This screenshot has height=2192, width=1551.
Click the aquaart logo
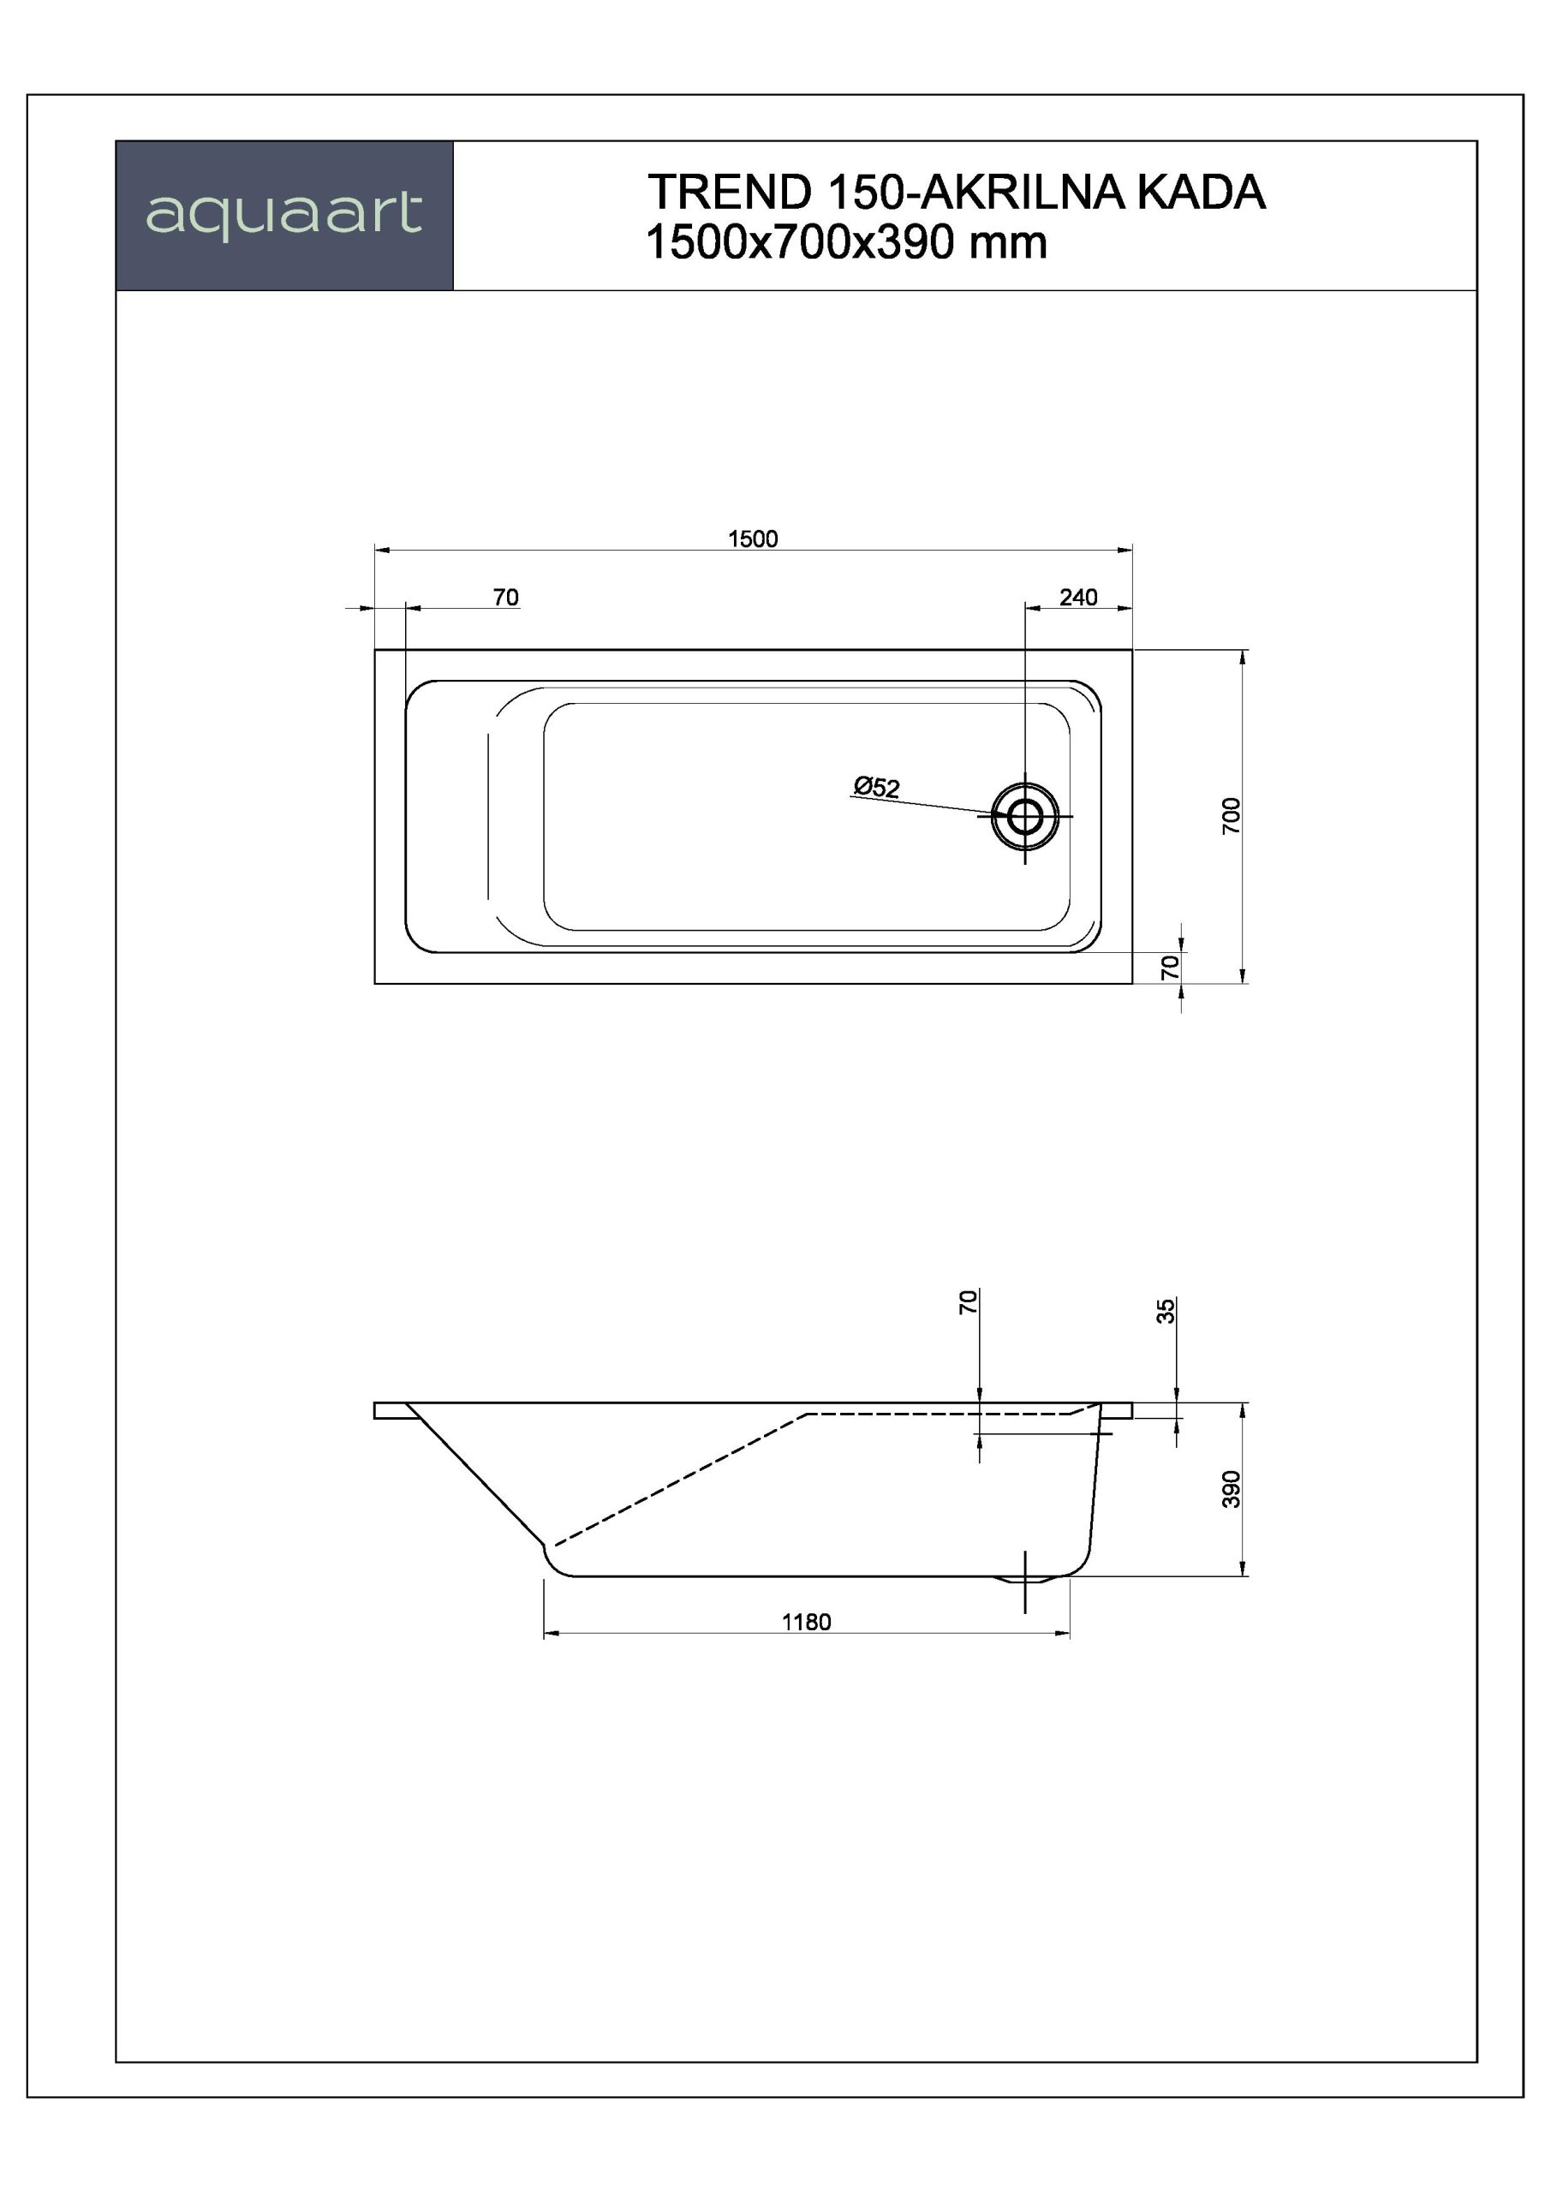pyautogui.click(x=283, y=214)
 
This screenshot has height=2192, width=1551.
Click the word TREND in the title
pyautogui.click(x=729, y=193)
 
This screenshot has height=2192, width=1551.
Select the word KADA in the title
pyautogui.click(x=1201, y=193)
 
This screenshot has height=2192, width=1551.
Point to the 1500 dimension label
pyautogui.click(x=753, y=539)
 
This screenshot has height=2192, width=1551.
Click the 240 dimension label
pyautogui.click(x=1077, y=598)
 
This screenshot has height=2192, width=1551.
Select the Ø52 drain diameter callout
pyautogui.click(x=876, y=788)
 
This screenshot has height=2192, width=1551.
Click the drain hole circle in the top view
pyautogui.click(x=1025, y=816)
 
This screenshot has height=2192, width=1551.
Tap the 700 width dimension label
pyautogui.click(x=1232, y=815)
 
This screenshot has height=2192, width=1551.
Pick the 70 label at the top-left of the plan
pyautogui.click(x=505, y=598)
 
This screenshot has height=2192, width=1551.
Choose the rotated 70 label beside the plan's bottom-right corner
pyautogui.click(x=1170, y=967)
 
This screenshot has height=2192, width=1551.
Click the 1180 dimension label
pyautogui.click(x=806, y=1622)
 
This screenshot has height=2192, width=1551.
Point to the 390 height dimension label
pyautogui.click(x=1232, y=1489)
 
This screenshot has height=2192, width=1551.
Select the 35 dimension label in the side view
pyautogui.click(x=1166, y=1311)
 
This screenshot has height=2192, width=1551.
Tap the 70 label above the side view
pyautogui.click(x=969, y=1301)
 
